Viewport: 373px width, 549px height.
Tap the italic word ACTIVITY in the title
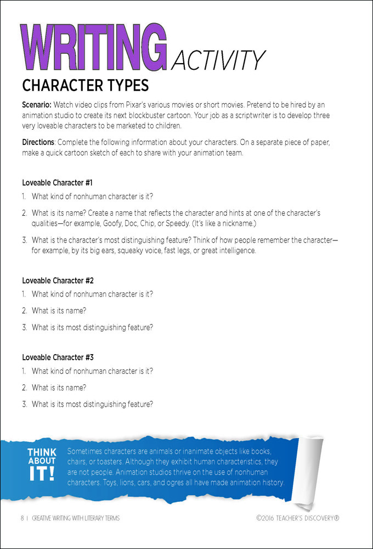click(x=218, y=60)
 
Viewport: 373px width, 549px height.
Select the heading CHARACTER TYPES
click(x=85, y=86)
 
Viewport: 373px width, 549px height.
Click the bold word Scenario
click(x=36, y=104)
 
